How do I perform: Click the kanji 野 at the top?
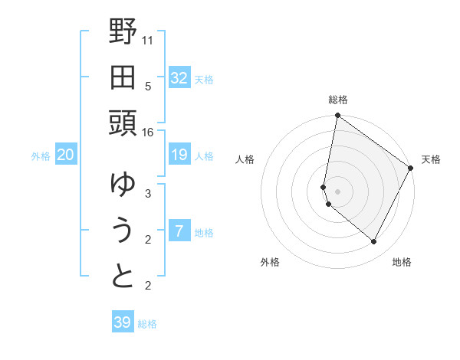click(123, 33)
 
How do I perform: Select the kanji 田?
click(123, 77)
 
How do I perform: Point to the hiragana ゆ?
click(123, 185)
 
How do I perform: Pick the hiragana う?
click(123, 231)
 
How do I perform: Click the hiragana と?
click(123, 277)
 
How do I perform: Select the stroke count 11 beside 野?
click(148, 39)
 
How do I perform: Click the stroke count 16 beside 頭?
click(148, 133)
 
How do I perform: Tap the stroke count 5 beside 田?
click(148, 86)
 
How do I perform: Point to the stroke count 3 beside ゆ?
click(148, 194)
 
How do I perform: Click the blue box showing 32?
click(179, 78)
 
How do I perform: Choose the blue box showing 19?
click(179, 155)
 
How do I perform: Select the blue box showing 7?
click(179, 232)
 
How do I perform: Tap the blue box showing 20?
click(66, 155)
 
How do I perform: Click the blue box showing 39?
click(123, 322)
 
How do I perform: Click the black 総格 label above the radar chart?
click(338, 100)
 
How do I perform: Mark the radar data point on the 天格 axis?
click(411, 169)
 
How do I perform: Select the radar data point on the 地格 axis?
click(373, 241)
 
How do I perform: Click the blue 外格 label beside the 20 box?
click(41, 156)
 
